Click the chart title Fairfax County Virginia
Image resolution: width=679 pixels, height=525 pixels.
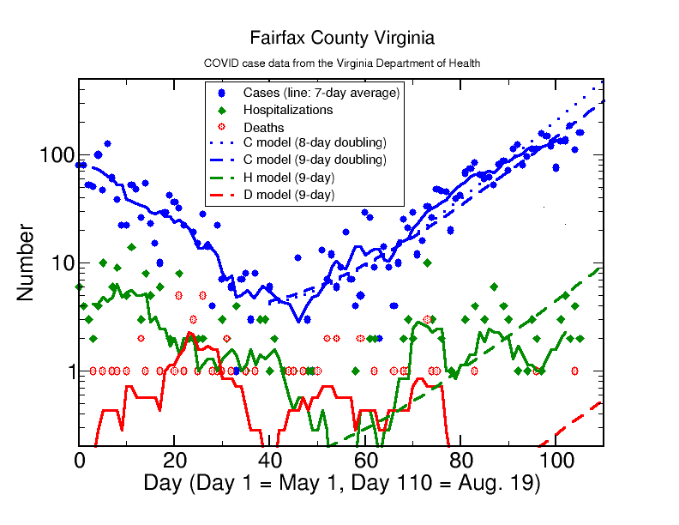[341, 39]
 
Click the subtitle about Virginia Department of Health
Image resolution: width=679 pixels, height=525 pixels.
[341, 63]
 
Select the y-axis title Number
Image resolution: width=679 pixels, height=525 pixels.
[25, 262]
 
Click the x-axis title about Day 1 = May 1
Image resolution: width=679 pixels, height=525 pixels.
[341, 483]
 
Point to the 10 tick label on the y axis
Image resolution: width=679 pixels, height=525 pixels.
[61, 263]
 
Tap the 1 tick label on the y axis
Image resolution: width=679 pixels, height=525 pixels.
[67, 371]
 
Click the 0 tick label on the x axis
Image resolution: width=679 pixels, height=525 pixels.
[80, 460]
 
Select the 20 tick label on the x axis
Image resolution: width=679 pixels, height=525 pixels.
[175, 460]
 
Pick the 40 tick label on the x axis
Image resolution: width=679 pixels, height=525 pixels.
[270, 460]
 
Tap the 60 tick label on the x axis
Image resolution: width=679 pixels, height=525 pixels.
[365, 460]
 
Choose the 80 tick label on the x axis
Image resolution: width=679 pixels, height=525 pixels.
[460, 460]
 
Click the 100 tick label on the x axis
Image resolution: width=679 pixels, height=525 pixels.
[556, 460]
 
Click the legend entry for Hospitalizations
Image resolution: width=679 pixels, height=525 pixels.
[287, 110]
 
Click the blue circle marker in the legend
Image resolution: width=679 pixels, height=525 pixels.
[221, 93]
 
